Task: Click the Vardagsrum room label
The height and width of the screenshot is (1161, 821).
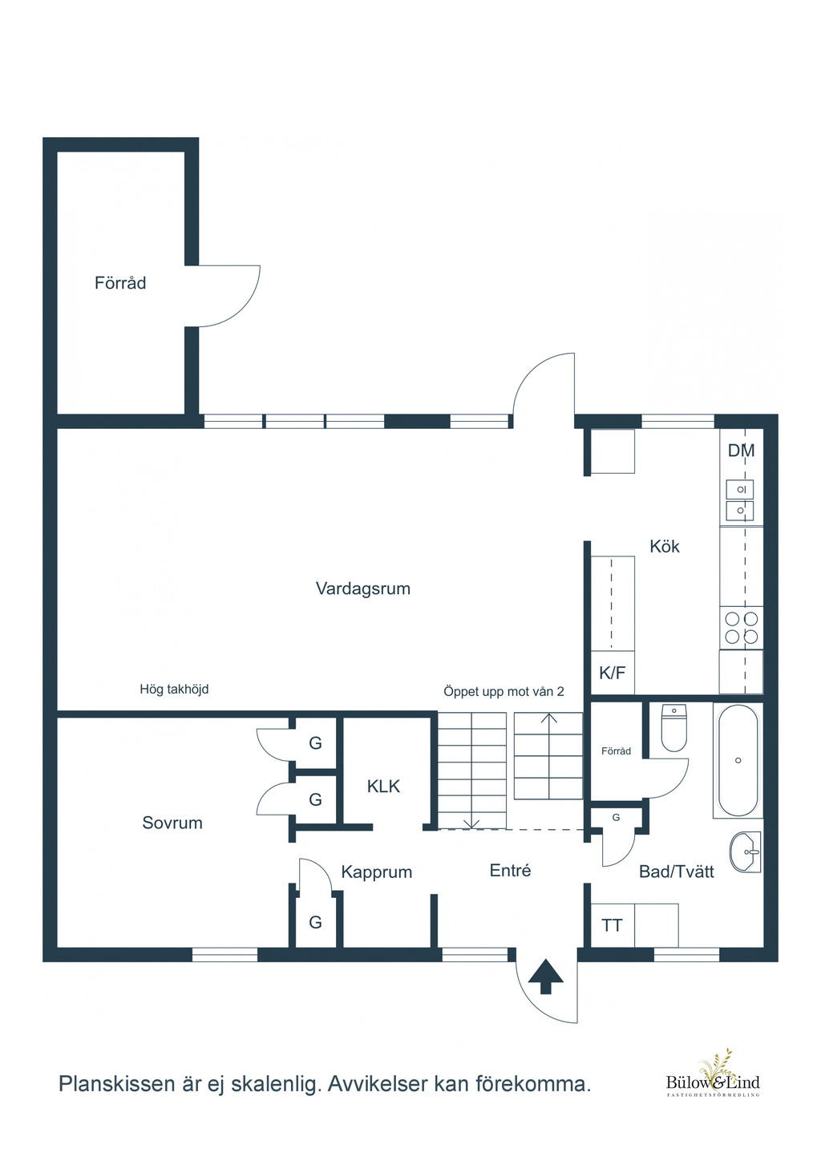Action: click(x=363, y=589)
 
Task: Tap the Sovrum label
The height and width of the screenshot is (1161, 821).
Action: click(x=172, y=823)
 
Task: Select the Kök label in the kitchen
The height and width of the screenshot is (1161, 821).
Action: click(x=665, y=546)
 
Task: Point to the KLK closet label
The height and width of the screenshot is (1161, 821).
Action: click(x=383, y=787)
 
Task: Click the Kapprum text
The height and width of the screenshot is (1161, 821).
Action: click(x=376, y=872)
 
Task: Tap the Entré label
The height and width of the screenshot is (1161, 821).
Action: click(x=510, y=870)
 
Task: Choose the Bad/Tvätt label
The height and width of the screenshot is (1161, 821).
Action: click(x=677, y=872)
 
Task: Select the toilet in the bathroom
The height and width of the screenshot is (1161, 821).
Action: click(x=673, y=728)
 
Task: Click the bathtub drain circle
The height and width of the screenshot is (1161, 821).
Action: click(x=738, y=760)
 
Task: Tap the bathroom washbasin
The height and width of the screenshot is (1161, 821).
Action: click(x=745, y=852)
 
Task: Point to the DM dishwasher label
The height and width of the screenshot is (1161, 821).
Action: click(x=741, y=451)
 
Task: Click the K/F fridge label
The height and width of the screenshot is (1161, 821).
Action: click(x=612, y=674)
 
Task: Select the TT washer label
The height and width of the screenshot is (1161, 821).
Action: click(x=612, y=926)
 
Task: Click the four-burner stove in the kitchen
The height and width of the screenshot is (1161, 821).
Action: click(x=741, y=628)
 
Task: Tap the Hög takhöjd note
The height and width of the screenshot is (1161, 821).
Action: click(x=174, y=690)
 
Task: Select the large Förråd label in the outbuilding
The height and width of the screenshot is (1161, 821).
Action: click(x=120, y=283)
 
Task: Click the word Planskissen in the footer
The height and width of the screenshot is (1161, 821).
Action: click(x=117, y=1084)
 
